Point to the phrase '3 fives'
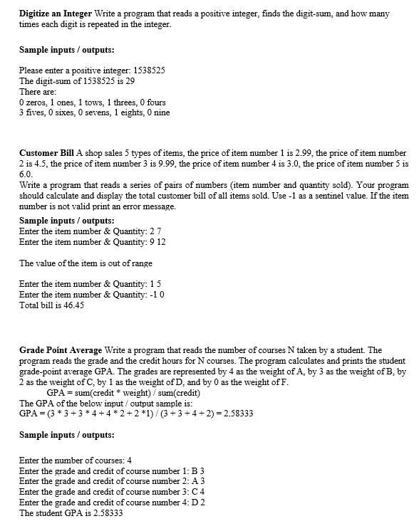[32, 112]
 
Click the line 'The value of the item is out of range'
[86, 263]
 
